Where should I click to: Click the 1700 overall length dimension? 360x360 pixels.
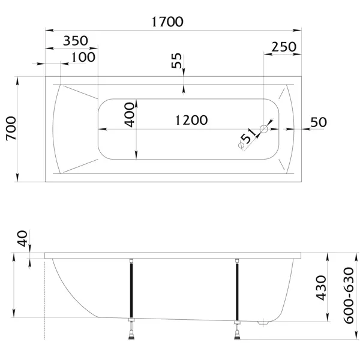[x=167, y=22]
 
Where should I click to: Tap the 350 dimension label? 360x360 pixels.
[x=76, y=41]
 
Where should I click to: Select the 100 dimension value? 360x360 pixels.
[x=83, y=57]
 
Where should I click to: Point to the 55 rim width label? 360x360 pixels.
[x=176, y=61]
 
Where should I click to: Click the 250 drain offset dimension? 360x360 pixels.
[x=284, y=47]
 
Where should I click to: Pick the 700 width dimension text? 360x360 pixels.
[x=11, y=128]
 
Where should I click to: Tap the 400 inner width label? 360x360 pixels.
[x=129, y=115]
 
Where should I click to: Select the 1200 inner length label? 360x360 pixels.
[x=191, y=120]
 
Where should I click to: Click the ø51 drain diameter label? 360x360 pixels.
[x=247, y=139]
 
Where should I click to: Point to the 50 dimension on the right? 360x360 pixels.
[x=319, y=122]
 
